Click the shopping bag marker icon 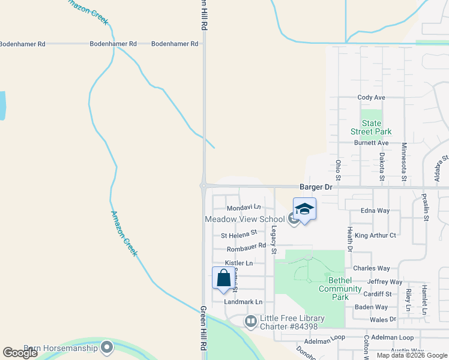(223, 278)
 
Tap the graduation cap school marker (304, 209)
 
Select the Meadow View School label (245, 220)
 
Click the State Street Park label (371, 127)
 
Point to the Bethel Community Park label (340, 289)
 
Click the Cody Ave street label (371, 97)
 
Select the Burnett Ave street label (372, 143)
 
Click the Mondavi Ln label (244, 207)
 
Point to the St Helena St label (239, 235)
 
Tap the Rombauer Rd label (246, 248)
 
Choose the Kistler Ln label (239, 263)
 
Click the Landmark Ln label (243, 302)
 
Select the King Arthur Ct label (375, 235)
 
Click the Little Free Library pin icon (251, 322)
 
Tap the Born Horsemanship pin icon (107, 347)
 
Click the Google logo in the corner (20, 353)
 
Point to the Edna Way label (375, 211)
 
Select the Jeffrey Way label (385, 281)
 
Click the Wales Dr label (383, 320)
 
